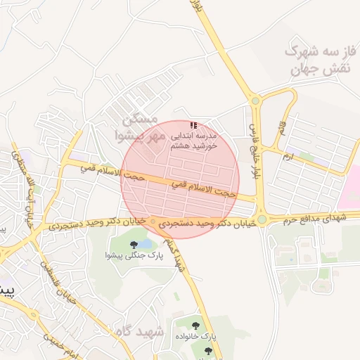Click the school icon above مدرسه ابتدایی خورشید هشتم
click(193, 124)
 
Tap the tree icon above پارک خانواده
click(195, 325)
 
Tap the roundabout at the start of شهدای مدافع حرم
click(262, 220)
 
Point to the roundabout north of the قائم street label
click(255, 101)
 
